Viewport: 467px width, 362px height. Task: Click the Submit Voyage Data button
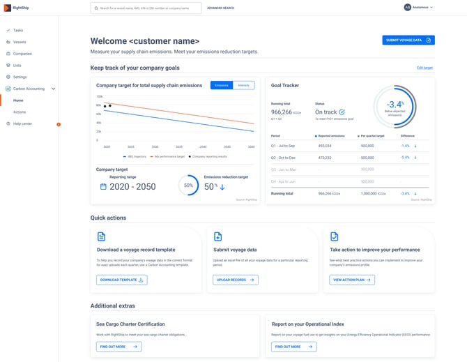pos(408,40)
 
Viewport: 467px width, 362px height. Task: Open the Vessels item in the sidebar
pos(19,42)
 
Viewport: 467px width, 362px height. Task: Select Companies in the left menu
pos(22,53)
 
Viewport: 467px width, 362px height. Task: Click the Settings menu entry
pos(20,77)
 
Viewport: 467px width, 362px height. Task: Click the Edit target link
pos(424,68)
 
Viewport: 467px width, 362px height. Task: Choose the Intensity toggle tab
pos(243,85)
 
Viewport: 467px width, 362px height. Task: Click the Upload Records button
pos(236,280)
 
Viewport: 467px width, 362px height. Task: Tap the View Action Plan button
pos(352,280)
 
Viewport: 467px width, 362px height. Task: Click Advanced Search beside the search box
pos(220,8)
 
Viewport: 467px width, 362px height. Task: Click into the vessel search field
pos(146,8)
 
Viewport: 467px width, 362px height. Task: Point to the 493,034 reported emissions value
pos(325,146)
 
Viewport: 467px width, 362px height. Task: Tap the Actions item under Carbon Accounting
pos(20,112)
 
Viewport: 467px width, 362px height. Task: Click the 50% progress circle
pos(188,186)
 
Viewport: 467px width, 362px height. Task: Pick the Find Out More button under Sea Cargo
pos(119,347)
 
